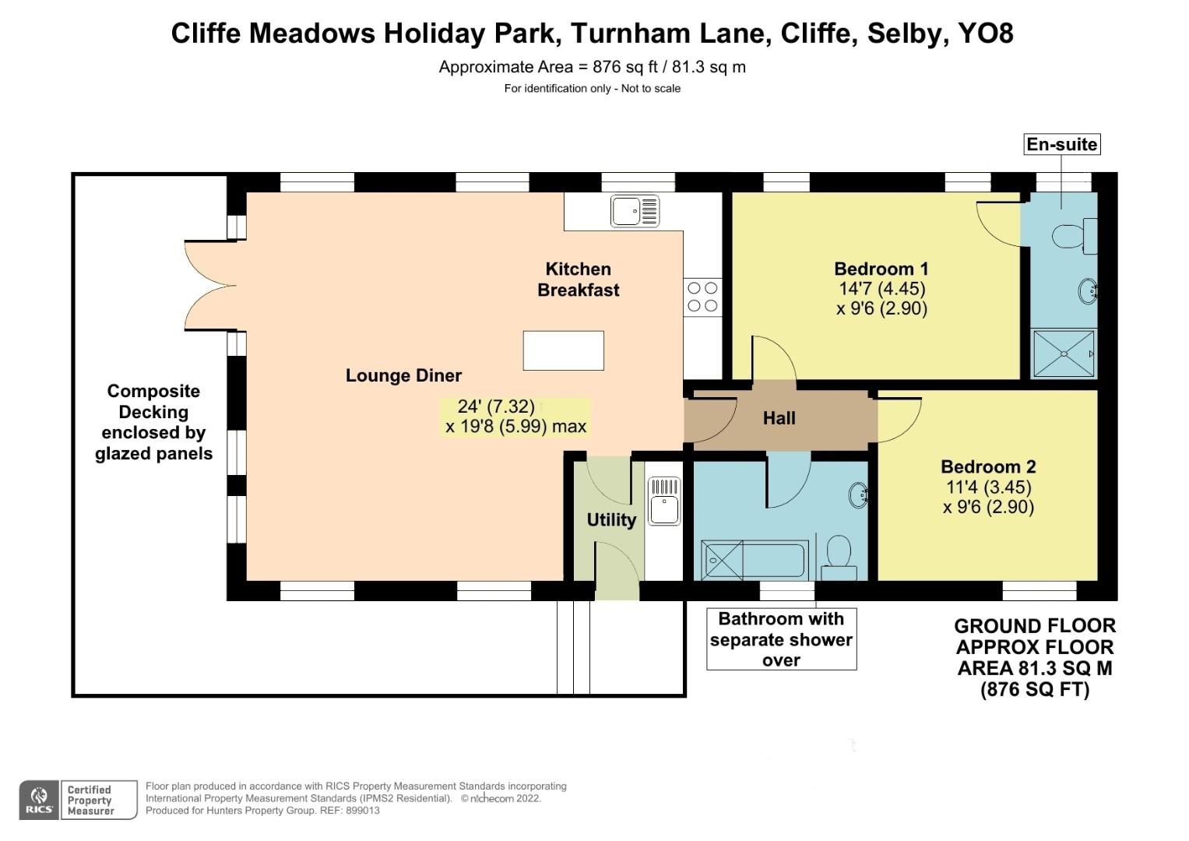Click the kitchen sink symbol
[x=635, y=211]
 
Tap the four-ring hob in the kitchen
[x=702, y=297]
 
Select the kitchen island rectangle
[x=563, y=350]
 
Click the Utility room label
[x=611, y=519]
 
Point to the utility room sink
[x=664, y=501]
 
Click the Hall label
[x=779, y=418]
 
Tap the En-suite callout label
[x=1061, y=144]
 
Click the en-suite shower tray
[x=1063, y=354]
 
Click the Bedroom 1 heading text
[x=881, y=269]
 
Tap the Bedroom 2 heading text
[x=988, y=466]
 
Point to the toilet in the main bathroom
[x=839, y=555]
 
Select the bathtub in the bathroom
[x=754, y=560]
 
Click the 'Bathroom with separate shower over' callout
[x=781, y=639]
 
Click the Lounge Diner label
[x=403, y=375]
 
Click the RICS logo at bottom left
[x=39, y=800]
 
